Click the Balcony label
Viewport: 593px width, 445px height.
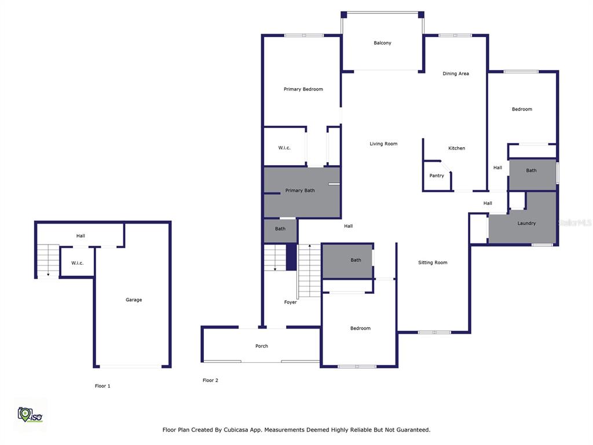[x=382, y=43]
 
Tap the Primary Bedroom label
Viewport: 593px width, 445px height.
[x=303, y=89]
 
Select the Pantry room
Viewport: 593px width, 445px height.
[x=437, y=176]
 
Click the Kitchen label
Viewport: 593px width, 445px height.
[x=456, y=148]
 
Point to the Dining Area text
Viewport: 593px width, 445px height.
[x=456, y=74]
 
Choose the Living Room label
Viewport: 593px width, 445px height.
[x=383, y=144]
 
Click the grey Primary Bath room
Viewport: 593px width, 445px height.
[x=302, y=192]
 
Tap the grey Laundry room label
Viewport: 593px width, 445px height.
[x=526, y=223]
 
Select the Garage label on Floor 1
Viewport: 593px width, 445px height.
[x=134, y=300]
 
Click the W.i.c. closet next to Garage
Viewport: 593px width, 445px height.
[x=78, y=262]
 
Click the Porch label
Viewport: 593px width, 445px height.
[x=262, y=346]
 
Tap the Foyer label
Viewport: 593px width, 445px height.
[x=291, y=302]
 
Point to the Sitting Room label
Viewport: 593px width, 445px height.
[x=433, y=262]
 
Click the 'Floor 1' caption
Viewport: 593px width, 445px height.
[x=103, y=386]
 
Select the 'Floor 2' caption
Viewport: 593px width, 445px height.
[x=210, y=380]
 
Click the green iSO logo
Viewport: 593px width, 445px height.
[x=30, y=415]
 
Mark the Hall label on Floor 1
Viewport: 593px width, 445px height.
[x=80, y=236]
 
